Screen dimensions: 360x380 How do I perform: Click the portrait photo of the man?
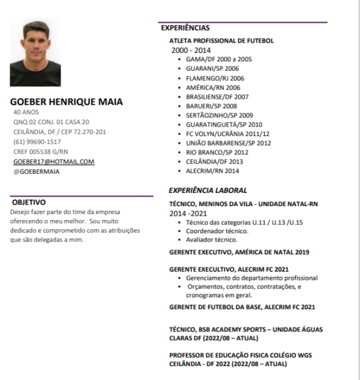click(x=35, y=53)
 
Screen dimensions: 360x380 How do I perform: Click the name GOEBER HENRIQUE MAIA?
click(x=67, y=102)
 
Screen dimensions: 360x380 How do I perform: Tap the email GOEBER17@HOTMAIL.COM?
click(x=54, y=162)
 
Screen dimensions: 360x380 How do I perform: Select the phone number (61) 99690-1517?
click(x=37, y=142)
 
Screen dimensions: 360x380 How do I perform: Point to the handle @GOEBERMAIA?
click(x=37, y=171)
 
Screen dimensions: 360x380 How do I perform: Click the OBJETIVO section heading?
click(x=29, y=203)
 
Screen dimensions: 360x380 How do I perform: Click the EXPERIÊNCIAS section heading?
click(x=185, y=28)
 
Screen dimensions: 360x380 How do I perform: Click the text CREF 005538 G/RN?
click(x=41, y=152)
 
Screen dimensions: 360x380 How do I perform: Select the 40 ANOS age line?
click(x=26, y=112)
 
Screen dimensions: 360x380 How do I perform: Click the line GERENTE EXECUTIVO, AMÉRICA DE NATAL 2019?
click(x=239, y=252)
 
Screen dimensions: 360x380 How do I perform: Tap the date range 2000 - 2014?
click(x=191, y=50)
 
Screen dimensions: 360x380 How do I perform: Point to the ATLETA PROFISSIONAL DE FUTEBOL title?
click(x=221, y=41)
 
